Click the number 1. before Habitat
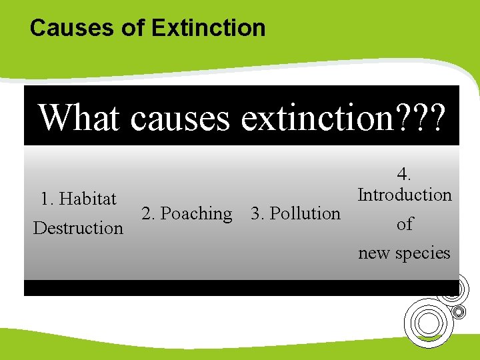tap(47, 199)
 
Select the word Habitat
tap(87, 199)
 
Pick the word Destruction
tap(78, 228)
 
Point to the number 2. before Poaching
tap(149, 213)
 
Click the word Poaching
tap(197, 213)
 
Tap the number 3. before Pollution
tap(257, 213)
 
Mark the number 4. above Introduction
tap(404, 175)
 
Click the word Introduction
tap(405, 195)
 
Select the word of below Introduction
tap(405, 224)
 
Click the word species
tap(426, 253)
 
